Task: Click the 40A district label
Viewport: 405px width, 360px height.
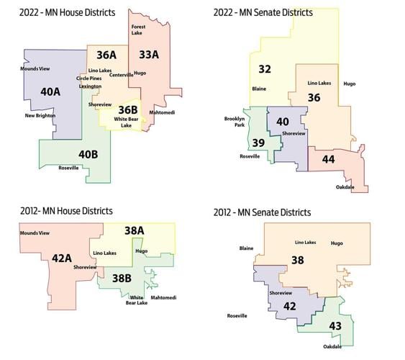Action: pos(50,91)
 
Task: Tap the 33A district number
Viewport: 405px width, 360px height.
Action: pos(149,55)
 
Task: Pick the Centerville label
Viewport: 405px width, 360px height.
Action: pos(122,74)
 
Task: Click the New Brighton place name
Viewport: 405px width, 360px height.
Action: pos(40,115)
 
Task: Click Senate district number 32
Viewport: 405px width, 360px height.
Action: pos(265,69)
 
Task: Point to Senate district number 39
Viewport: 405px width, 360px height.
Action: pos(258,143)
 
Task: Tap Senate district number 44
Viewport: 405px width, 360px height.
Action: pos(328,158)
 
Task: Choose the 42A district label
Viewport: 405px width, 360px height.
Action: pos(61,258)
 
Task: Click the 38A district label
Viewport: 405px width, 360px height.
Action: pos(135,230)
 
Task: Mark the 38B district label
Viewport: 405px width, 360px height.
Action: pos(122,276)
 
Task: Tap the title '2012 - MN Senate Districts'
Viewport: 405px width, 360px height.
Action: pos(263,212)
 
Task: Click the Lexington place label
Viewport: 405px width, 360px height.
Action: pos(90,86)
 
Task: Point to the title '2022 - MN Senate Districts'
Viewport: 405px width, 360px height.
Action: pos(263,12)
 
